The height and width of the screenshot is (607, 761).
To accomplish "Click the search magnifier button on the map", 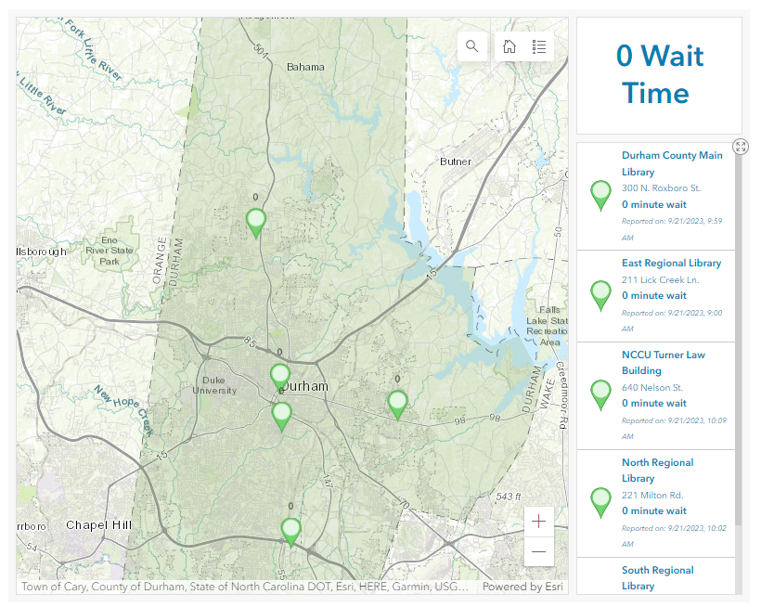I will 472,46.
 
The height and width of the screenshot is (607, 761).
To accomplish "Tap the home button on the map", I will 509,46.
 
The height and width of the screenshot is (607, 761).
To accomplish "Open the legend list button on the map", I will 539,46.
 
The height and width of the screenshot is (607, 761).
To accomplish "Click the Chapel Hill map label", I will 97,525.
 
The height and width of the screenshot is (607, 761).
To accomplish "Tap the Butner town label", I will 456,161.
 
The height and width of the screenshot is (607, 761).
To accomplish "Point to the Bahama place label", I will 305,67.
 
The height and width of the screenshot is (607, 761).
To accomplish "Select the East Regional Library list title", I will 671,263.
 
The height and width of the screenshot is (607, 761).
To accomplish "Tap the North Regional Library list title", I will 657,470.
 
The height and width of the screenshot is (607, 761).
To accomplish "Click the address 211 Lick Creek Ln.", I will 660,279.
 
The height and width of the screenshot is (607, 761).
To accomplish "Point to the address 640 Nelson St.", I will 651,387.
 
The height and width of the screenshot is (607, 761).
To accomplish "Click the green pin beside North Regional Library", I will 601,501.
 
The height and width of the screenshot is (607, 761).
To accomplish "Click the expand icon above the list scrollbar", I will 740,146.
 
